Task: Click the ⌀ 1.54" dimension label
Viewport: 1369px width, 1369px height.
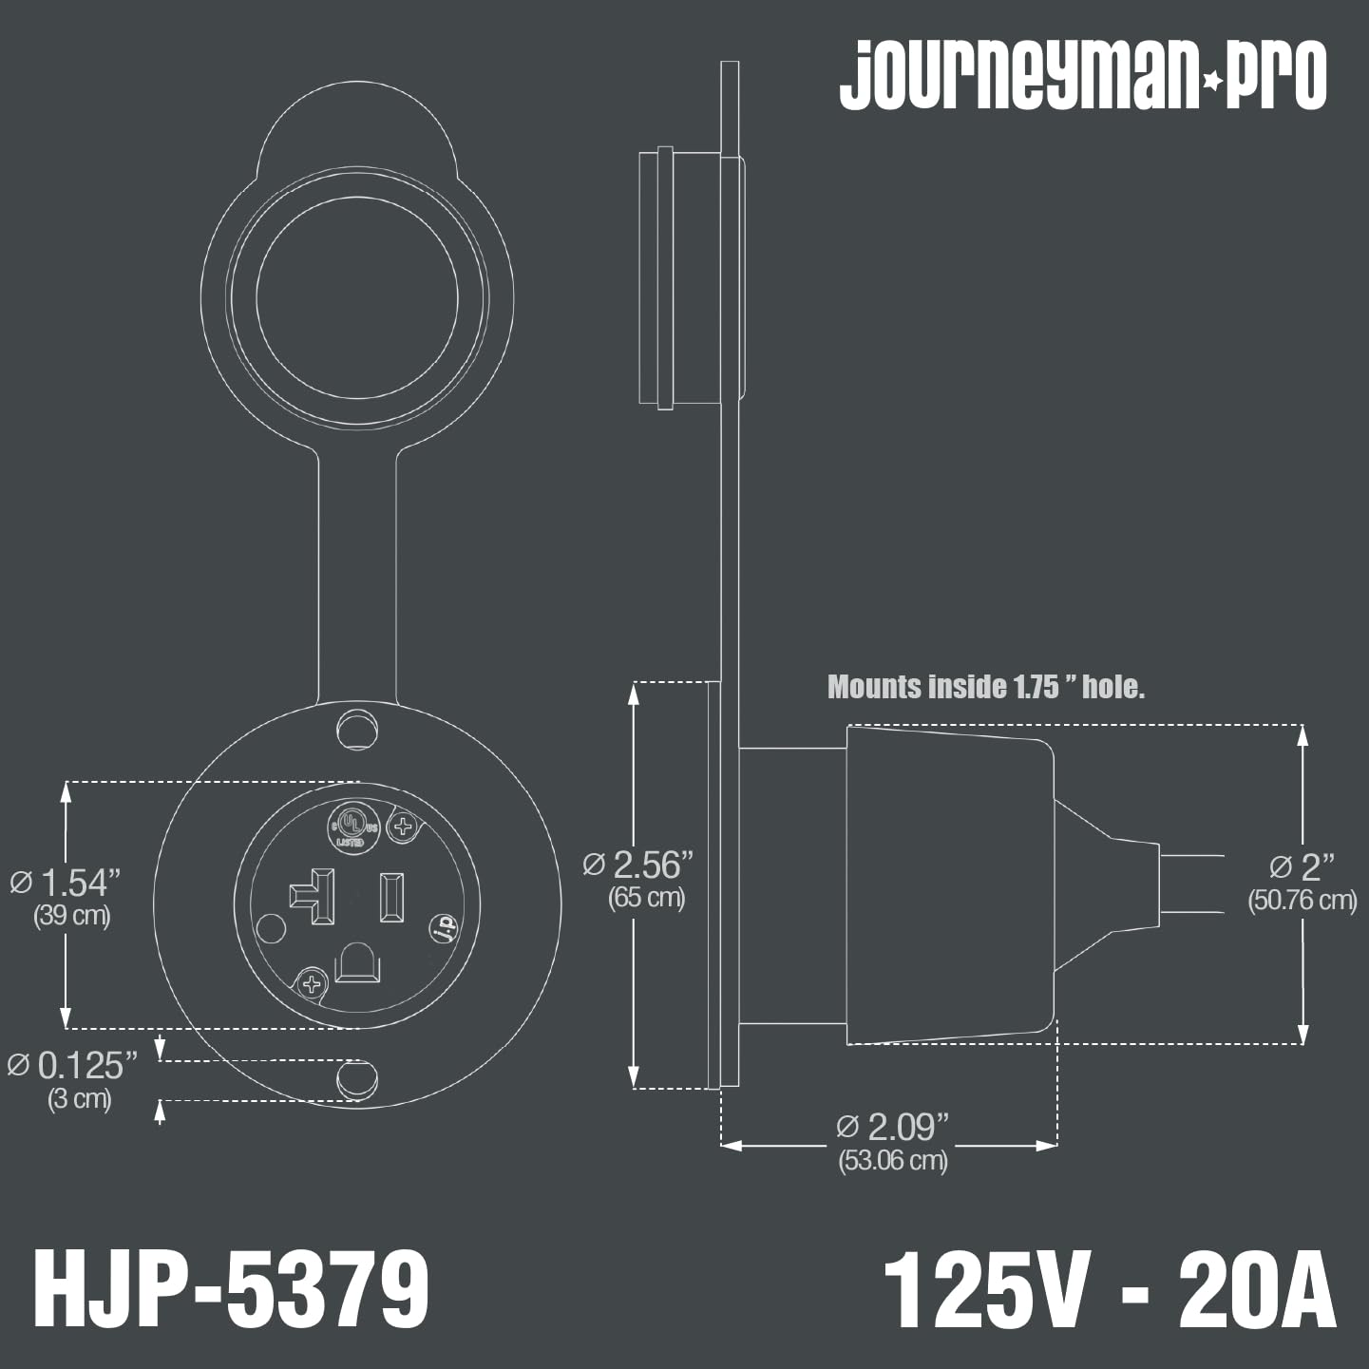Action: (67, 883)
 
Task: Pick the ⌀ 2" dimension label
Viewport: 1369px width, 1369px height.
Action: (1302, 867)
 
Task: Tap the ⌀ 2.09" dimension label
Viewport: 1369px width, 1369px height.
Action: (892, 1127)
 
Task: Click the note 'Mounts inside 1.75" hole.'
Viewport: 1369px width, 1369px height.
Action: (985, 687)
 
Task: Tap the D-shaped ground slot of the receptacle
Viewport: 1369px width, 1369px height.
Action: (358, 963)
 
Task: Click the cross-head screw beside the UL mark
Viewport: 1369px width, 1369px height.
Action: (404, 827)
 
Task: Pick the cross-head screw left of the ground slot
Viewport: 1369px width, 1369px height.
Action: (312, 983)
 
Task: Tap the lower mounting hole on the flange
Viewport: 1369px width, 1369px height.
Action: (357, 1077)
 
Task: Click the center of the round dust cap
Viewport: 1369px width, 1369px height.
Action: (357, 296)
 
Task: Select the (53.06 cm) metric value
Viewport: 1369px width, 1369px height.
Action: (892, 1161)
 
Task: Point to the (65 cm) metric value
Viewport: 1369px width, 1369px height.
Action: (646, 898)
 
